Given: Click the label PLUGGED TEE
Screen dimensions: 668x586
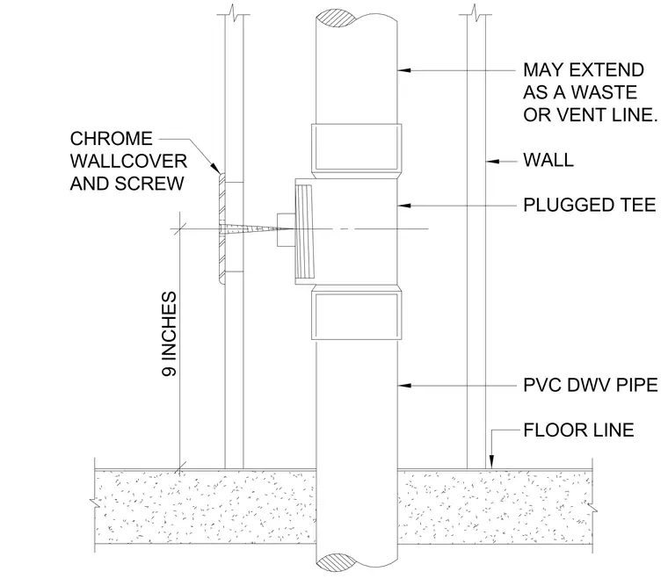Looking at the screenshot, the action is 589,206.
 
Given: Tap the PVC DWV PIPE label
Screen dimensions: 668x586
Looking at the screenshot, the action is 591,385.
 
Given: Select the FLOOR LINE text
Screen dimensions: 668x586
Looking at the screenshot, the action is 578,430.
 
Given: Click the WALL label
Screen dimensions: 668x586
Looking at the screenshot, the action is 548,160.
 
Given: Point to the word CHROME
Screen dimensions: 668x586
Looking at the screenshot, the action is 112,139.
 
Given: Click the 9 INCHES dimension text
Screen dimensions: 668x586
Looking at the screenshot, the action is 169,334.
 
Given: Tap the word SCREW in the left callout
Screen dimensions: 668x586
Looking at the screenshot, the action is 149,184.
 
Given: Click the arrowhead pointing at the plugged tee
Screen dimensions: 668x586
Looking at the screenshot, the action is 403,206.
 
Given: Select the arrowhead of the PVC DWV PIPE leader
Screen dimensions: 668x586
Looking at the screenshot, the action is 403,386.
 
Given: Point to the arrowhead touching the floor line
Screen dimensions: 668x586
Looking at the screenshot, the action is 491,462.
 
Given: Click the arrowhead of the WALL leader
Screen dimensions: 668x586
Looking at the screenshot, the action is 492,162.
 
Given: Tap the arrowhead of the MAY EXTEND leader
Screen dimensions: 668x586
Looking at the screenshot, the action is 403,69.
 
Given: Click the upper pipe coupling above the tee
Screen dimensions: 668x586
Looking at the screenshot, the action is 357,151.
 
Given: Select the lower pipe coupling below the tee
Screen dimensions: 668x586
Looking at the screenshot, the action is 357,313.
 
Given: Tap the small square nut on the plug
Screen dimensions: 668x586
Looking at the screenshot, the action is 286,229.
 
